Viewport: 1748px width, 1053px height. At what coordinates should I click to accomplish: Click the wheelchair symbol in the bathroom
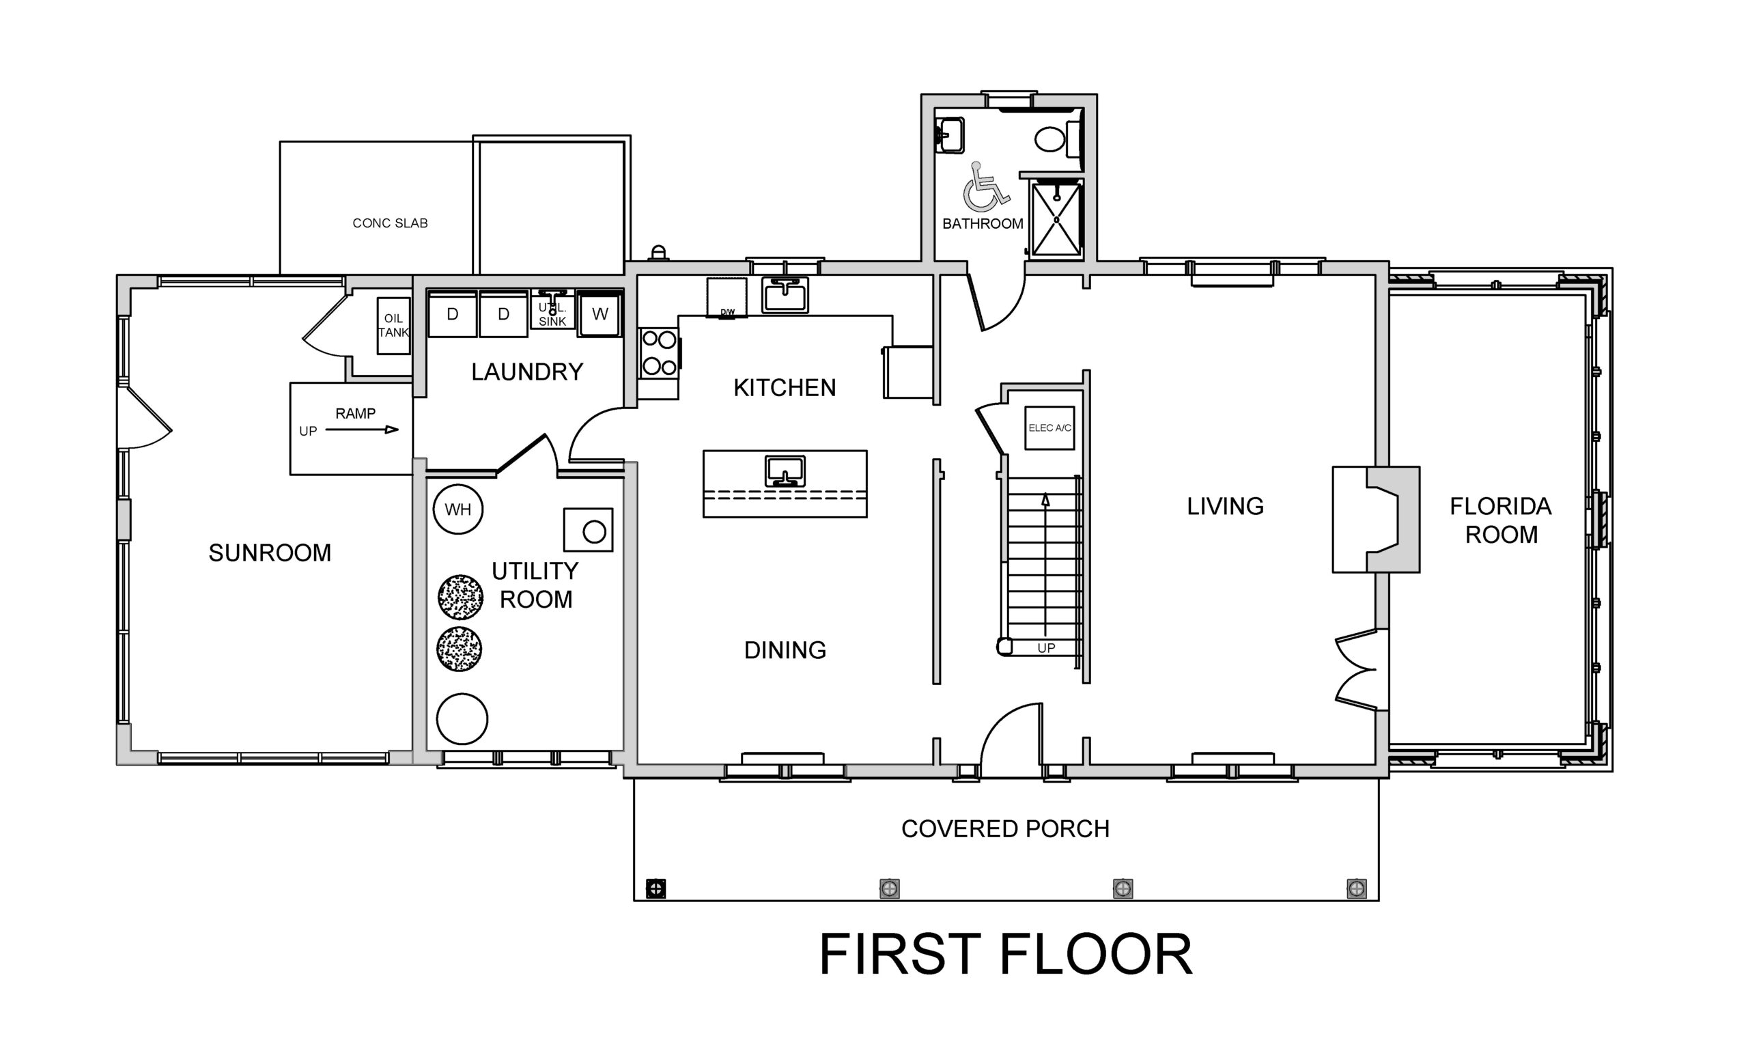[x=985, y=187]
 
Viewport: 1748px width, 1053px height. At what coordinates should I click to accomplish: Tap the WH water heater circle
[x=458, y=509]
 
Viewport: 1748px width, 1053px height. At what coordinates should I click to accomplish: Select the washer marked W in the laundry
[x=600, y=313]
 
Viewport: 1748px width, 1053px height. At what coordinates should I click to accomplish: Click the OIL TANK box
[x=394, y=326]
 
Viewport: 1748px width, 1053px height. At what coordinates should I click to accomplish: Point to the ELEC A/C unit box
[x=1050, y=428]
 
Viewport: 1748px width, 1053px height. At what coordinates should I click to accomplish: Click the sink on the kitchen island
[x=785, y=471]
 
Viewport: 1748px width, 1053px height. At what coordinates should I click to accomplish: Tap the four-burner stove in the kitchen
[x=658, y=352]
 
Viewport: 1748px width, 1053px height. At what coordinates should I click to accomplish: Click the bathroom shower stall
[x=1056, y=219]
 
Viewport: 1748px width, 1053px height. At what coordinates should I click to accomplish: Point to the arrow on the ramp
[x=362, y=430]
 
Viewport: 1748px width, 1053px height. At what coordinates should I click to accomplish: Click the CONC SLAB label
[x=390, y=223]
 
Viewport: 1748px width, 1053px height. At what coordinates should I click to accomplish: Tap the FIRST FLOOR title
[x=1006, y=955]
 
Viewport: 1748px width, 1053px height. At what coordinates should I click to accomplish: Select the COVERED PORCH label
[x=1005, y=829]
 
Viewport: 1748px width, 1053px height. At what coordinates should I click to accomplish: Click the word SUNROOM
[x=270, y=552]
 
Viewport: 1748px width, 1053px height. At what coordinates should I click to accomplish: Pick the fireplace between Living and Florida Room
[x=1377, y=520]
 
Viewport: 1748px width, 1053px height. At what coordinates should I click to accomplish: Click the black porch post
[x=656, y=888]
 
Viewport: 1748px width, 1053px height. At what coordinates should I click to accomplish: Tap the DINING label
[x=785, y=650]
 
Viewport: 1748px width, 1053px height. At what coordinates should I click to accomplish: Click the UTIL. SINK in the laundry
[x=552, y=311]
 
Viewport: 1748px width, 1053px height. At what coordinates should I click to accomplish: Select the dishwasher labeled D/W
[x=727, y=298]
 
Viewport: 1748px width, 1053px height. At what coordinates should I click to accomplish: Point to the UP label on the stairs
[x=1046, y=648]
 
